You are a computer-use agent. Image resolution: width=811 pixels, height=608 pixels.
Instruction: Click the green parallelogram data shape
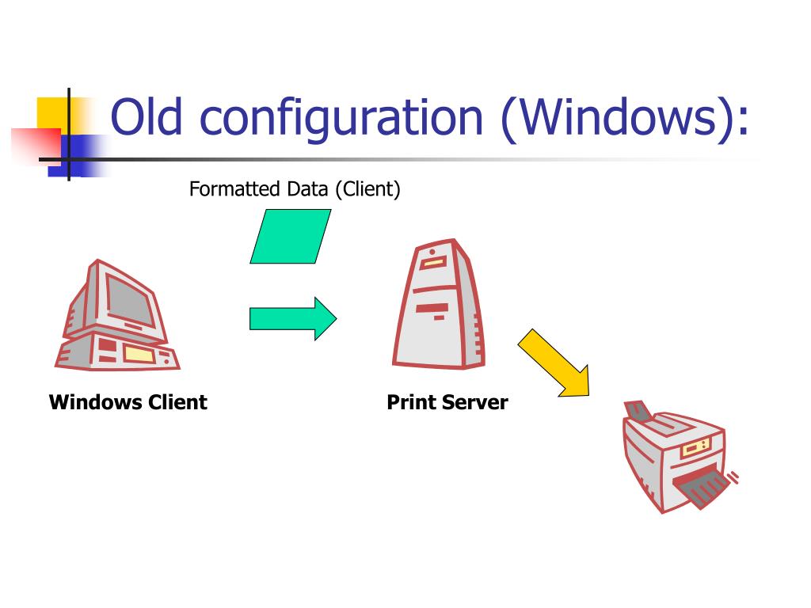290,236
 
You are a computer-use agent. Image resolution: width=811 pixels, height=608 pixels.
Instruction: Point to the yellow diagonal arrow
554,363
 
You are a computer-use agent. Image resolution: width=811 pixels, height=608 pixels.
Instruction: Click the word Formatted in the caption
234,190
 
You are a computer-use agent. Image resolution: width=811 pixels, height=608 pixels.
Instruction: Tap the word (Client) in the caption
367,190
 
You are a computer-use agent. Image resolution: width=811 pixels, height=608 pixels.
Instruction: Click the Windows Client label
128,402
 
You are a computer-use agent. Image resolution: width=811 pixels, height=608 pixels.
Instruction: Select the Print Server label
447,402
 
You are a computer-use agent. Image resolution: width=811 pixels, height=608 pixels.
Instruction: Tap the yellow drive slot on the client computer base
138,354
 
